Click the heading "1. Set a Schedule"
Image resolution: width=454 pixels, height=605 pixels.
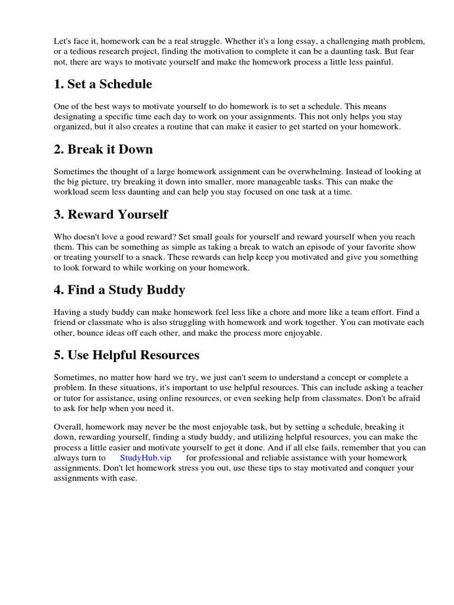click(x=103, y=84)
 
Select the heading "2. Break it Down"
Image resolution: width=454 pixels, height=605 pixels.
click(x=103, y=149)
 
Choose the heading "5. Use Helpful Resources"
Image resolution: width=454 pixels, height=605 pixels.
click(x=127, y=355)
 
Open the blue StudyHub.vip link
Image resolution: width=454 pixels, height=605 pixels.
click(x=145, y=458)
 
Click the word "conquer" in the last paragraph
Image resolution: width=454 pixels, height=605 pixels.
click(x=379, y=469)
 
